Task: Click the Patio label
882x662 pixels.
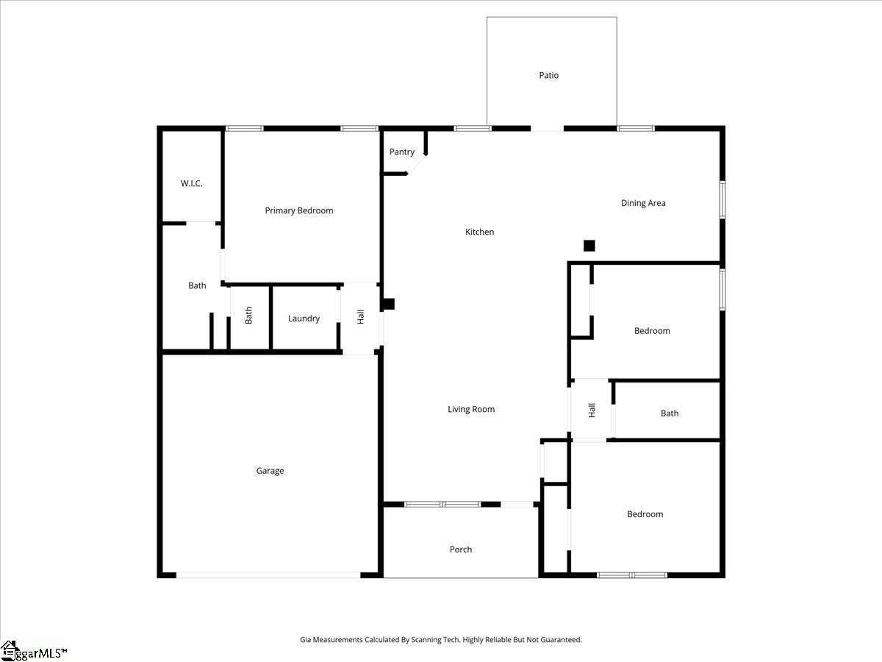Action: (548, 75)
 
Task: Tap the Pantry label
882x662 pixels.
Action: (402, 152)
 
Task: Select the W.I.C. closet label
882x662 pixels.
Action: (191, 184)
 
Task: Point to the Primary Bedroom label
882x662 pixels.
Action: (299, 210)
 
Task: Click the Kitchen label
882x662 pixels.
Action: (479, 232)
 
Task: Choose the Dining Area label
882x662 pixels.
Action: (643, 203)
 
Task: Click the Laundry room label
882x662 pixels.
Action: (304, 318)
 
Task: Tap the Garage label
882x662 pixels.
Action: (270, 471)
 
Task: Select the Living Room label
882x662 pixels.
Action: (471, 409)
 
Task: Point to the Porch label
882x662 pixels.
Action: (461, 549)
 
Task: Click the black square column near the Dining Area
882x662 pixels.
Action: (589, 246)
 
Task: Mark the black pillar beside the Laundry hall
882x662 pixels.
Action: (388, 304)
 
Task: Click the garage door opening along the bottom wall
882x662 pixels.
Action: (268, 575)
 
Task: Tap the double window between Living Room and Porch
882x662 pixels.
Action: (442, 504)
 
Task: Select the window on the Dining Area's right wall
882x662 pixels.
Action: (722, 200)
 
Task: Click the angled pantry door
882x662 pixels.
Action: (416, 165)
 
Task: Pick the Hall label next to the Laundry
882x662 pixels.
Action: (360, 317)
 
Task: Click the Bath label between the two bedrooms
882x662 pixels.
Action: (670, 413)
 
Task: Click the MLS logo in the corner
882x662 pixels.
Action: (33, 652)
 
